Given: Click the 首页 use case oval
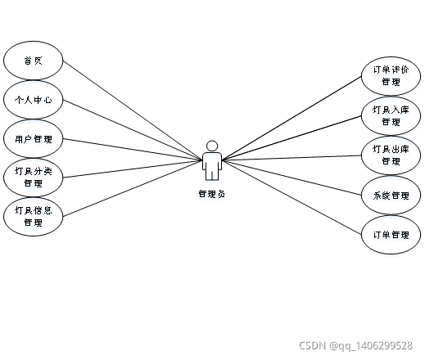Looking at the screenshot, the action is pos(33,61).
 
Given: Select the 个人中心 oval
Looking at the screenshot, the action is pos(33,100).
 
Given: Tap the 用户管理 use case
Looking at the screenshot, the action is pos(33,139).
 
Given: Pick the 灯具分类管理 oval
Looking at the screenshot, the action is pos(33,178).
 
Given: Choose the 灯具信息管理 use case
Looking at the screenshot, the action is pos(33,217).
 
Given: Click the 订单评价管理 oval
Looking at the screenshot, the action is pos(391,76).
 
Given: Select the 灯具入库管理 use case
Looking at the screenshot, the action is pos(391,116).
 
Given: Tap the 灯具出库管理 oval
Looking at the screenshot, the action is pos(391,155).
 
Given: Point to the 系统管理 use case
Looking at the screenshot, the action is pos(391,196).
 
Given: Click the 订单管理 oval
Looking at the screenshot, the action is pos(391,235).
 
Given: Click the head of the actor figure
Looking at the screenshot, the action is pos(212,146).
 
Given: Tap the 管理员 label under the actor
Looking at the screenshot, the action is pos(212,194).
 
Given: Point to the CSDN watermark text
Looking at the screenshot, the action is pos(355,346).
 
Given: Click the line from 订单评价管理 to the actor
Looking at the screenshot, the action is pos(292,118).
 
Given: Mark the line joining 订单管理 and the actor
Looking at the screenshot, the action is pos(292,197).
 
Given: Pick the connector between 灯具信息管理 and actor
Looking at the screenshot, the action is pos(133,188).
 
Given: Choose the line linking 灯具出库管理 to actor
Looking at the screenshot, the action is pos(292,158).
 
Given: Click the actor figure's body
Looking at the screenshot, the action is pos(212,166).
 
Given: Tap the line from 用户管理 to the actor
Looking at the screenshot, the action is pos(133,150).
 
